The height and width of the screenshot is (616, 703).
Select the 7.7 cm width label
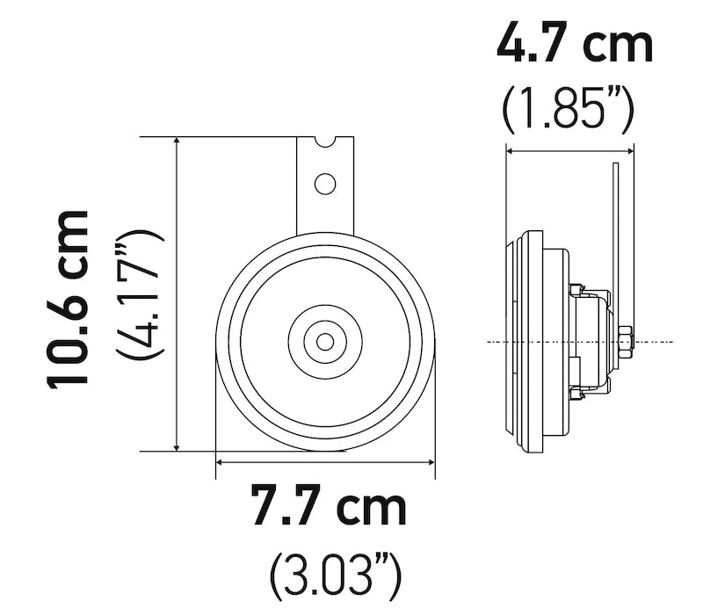coord(329,507)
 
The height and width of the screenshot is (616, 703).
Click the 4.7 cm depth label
coord(576,44)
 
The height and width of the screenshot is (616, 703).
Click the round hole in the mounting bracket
coord(325,184)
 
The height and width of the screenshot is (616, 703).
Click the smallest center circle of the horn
coord(325,341)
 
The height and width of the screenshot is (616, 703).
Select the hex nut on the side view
coord(625,340)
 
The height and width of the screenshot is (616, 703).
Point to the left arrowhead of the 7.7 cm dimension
coord(220,460)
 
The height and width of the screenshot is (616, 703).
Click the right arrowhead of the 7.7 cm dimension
coord(431,460)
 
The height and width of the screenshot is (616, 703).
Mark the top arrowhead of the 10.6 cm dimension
coord(178,142)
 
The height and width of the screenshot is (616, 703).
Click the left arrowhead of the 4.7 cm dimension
coord(510,151)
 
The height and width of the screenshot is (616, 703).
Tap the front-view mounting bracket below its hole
coord(325,215)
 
